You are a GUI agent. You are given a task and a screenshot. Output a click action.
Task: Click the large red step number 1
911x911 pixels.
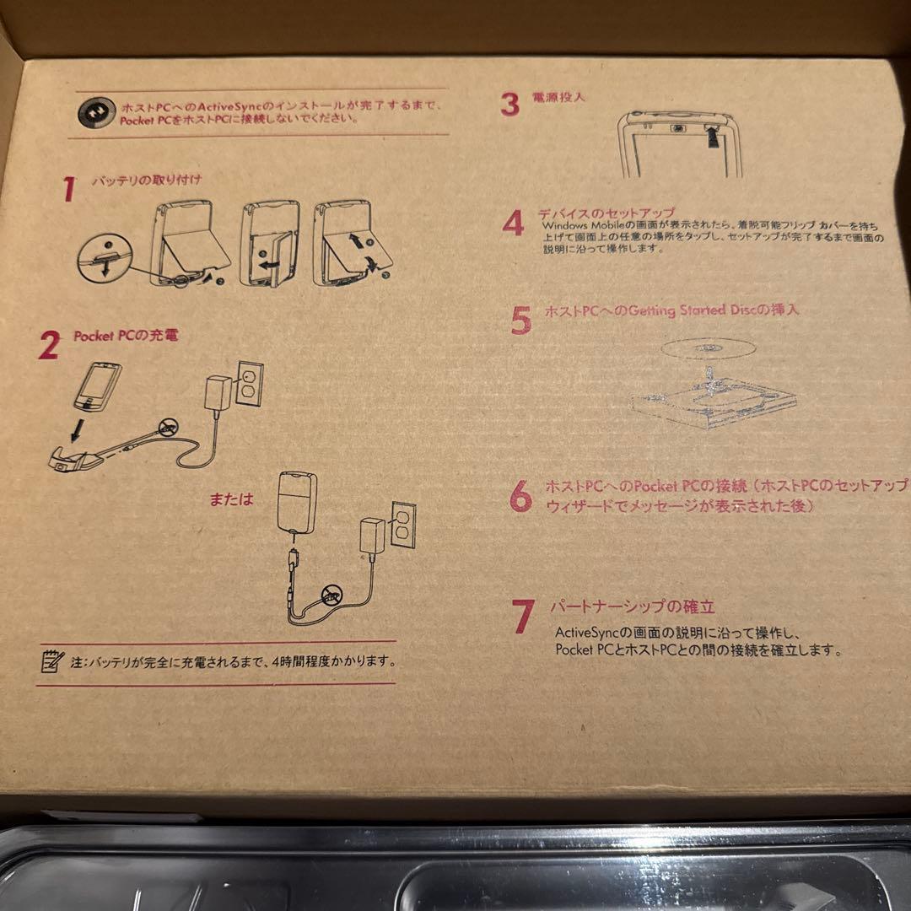pos(69,190)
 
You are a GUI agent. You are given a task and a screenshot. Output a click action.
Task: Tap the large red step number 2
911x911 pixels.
pos(50,345)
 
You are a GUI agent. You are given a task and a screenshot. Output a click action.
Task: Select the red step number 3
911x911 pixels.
pos(509,105)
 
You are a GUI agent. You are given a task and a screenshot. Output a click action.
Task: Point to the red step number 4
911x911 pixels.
pos(513,223)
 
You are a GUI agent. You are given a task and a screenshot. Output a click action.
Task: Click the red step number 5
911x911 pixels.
pos(520,321)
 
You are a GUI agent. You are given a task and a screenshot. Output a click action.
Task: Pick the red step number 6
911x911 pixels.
pos(520,496)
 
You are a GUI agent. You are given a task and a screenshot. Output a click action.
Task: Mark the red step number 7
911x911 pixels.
pos(523,616)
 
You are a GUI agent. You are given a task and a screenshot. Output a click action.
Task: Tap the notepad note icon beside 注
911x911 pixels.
pos(52,660)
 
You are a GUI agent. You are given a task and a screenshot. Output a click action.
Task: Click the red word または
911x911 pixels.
pos(231,499)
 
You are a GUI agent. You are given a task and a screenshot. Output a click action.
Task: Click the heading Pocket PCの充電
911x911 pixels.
pos(125,335)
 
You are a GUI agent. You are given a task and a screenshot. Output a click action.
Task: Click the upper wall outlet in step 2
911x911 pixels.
pos(249,384)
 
